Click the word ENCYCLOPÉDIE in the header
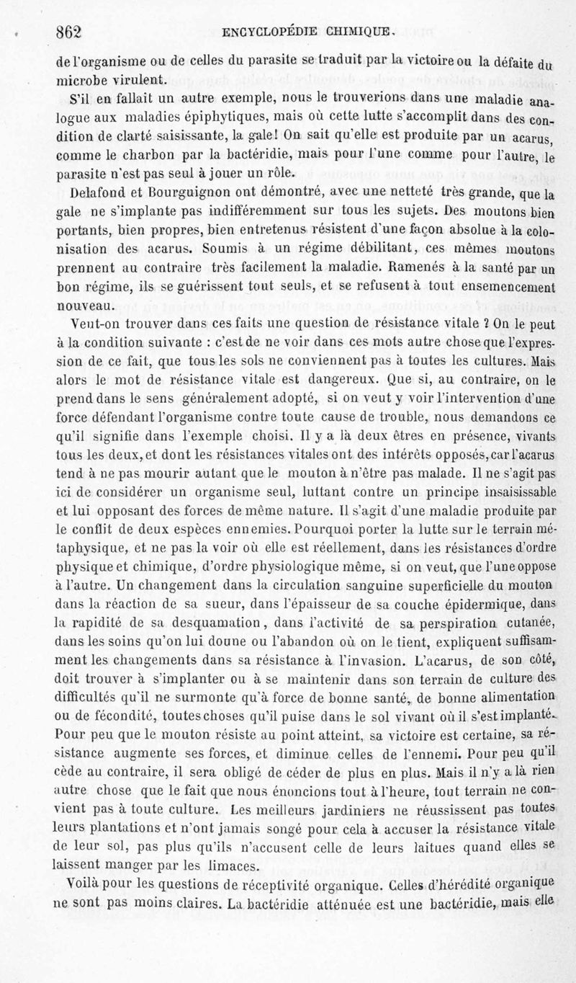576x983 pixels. click(266, 31)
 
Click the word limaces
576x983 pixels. click(227, 866)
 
